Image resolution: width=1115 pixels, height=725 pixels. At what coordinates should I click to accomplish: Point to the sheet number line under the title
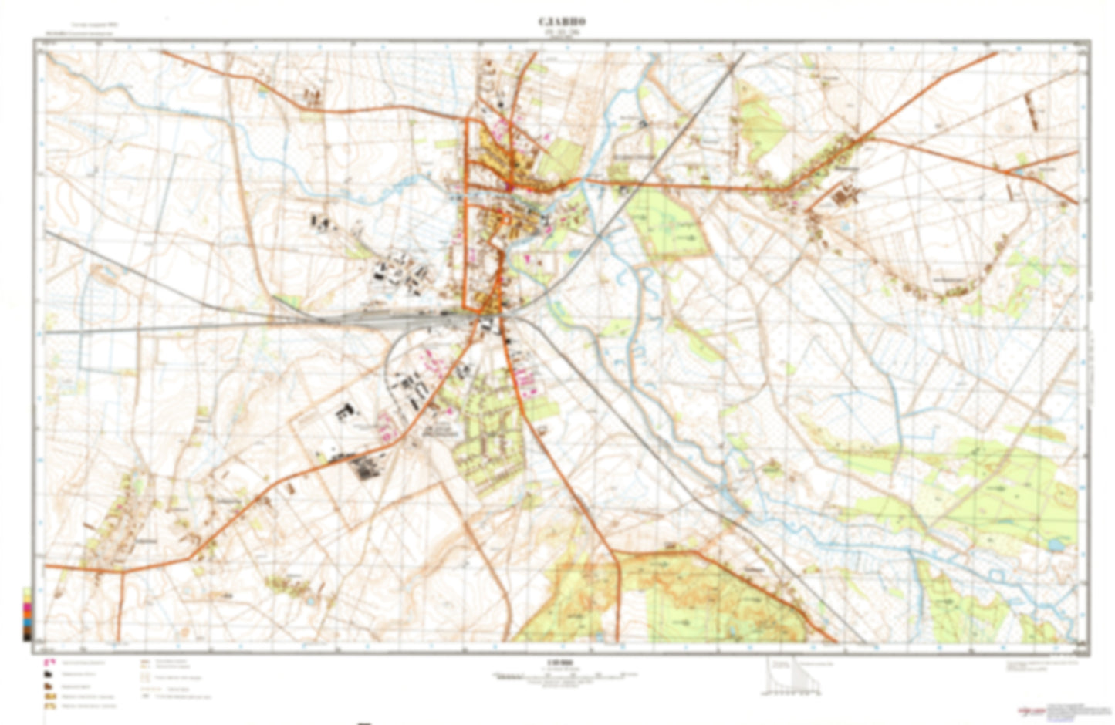point(557,32)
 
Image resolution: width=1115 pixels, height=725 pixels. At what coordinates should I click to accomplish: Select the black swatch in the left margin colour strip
point(27,636)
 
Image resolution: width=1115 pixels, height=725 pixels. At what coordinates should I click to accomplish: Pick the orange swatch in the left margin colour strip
point(27,606)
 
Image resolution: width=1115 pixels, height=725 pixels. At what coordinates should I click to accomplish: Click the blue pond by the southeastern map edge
point(1055,545)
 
